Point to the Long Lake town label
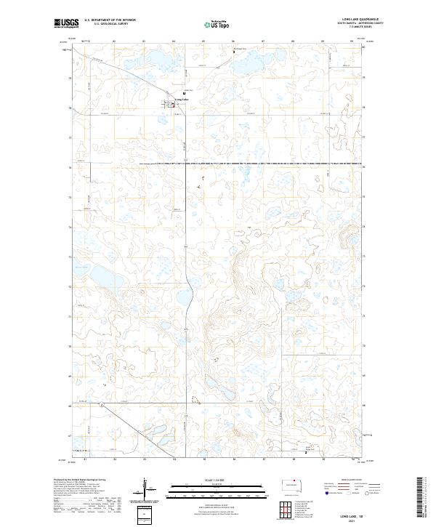[181, 100]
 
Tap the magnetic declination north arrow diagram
[146, 488]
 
